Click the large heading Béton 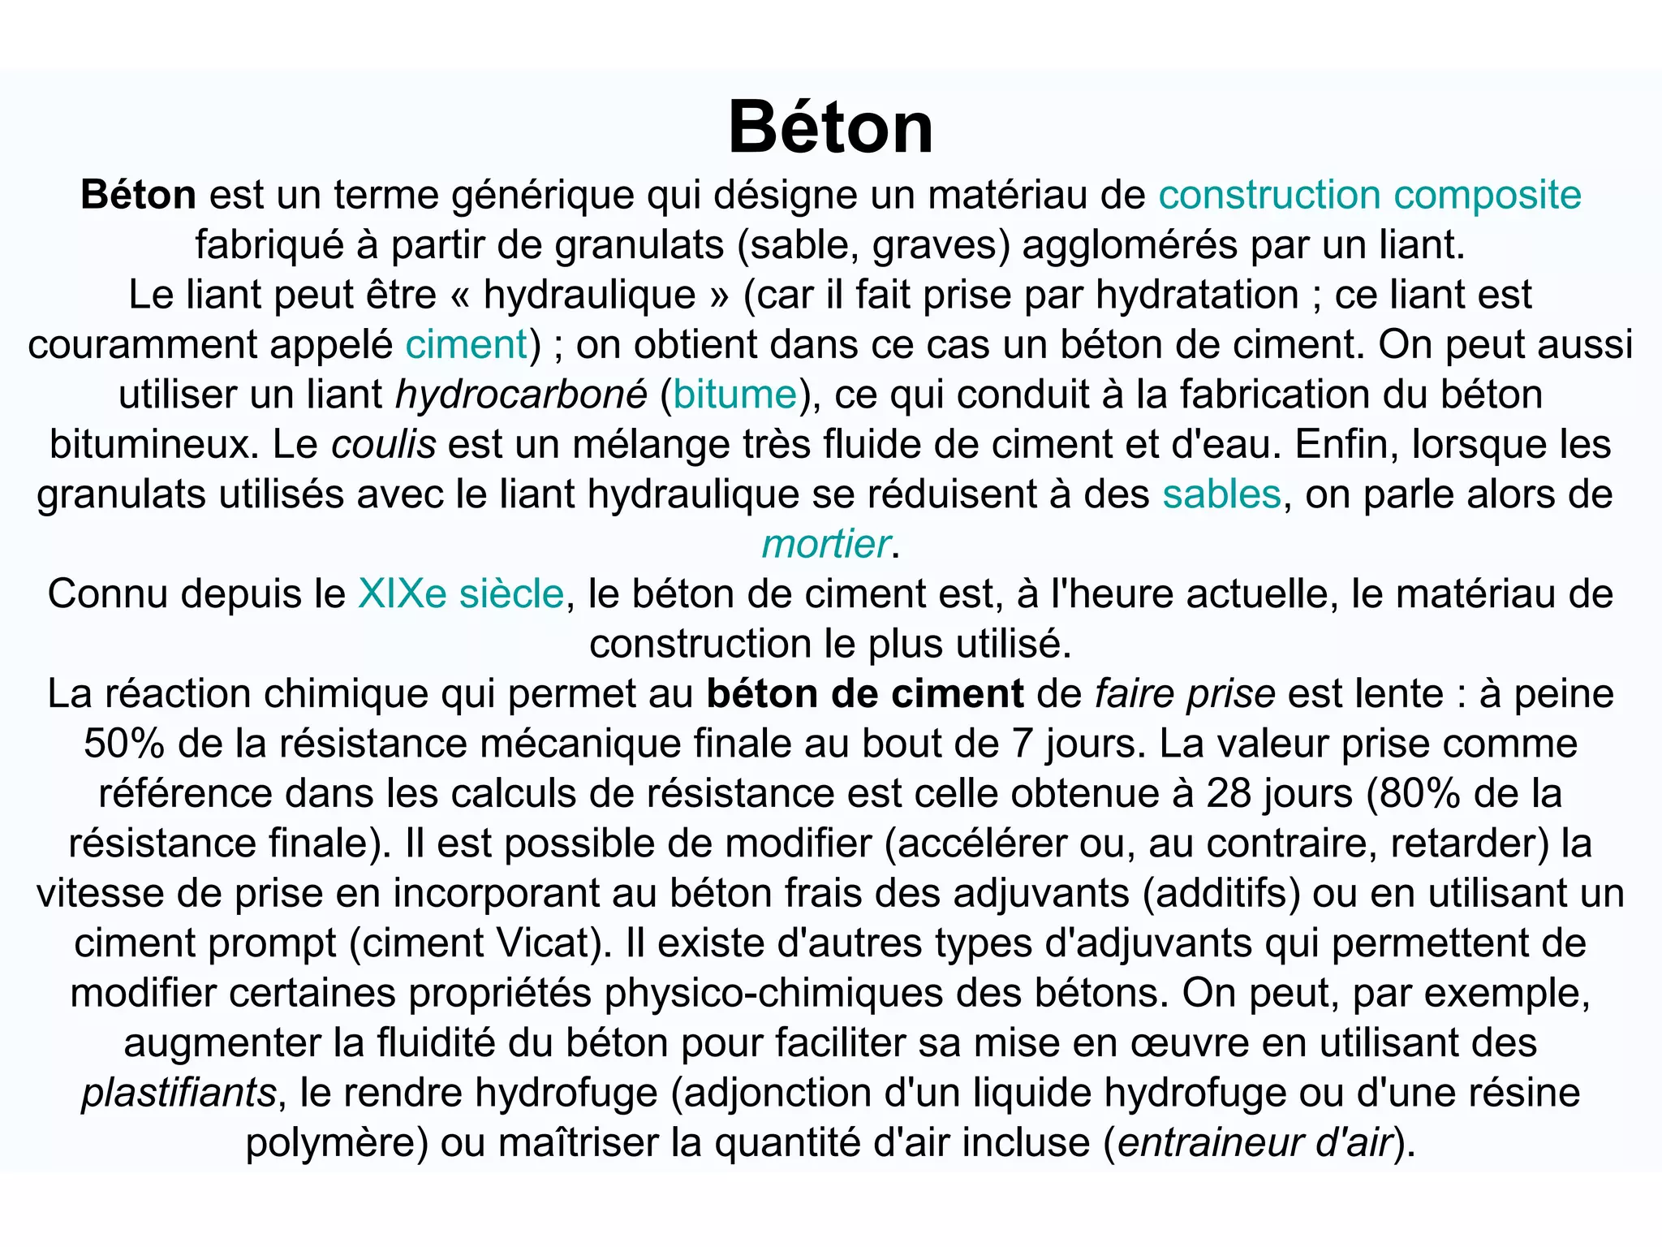(830, 127)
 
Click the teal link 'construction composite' (1369, 196)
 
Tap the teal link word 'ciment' (467, 344)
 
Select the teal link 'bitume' (734, 395)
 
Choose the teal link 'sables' (1221, 494)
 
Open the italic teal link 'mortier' (825, 544)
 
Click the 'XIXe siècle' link (460, 593)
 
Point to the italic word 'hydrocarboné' (521, 395)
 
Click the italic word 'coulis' (384, 445)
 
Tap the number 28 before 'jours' (1229, 793)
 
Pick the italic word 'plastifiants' (179, 1093)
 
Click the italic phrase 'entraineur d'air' (1255, 1143)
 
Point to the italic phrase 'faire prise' (1185, 694)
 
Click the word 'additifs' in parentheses (1221, 893)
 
